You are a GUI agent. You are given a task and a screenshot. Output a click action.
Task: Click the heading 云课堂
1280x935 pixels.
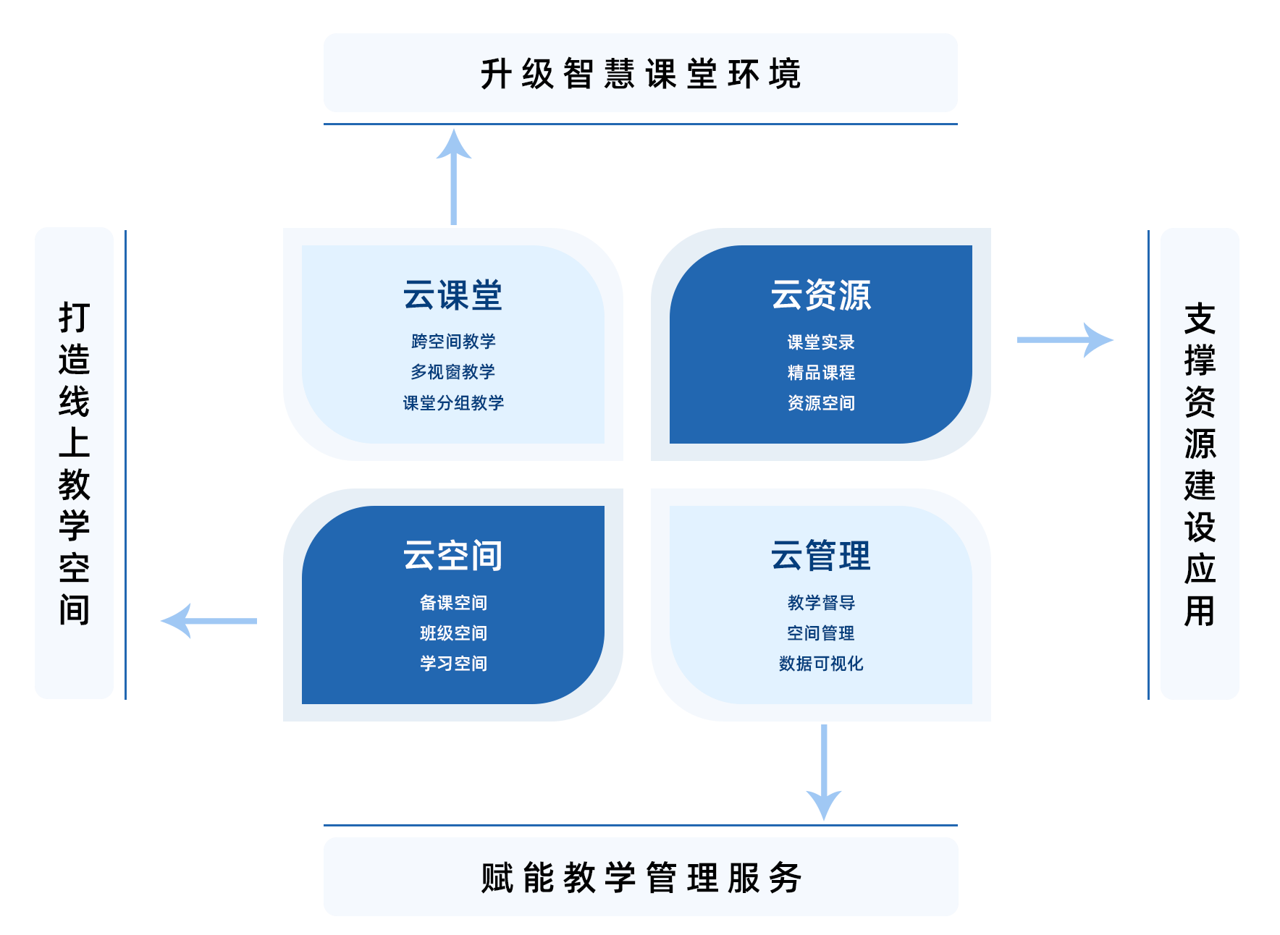[452, 295]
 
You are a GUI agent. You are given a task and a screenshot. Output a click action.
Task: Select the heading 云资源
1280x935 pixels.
[820, 295]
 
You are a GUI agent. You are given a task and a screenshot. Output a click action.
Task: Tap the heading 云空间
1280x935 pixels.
[452, 556]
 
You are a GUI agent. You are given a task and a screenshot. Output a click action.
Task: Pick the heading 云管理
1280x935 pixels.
[820, 556]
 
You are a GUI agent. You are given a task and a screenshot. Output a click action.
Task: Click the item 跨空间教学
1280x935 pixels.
[453, 341]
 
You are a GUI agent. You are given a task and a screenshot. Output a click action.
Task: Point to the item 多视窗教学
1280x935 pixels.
[453, 372]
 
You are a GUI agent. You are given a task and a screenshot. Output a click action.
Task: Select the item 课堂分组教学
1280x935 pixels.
[453, 403]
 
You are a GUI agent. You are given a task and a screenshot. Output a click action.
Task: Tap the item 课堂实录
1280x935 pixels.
[821, 342]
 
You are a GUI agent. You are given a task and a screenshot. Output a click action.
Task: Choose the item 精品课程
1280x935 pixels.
[821, 373]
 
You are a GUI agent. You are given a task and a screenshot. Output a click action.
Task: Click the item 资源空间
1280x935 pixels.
[821, 403]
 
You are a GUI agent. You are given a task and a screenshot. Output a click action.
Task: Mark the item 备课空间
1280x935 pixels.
[453, 602]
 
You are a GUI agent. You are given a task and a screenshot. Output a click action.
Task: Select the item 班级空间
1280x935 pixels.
[453, 633]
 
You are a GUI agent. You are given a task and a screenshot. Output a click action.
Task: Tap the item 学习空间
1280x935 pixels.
[453, 664]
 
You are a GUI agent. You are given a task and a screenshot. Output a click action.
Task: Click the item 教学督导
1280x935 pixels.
[821, 602]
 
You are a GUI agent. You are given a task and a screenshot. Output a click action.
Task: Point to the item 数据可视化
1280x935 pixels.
[821, 664]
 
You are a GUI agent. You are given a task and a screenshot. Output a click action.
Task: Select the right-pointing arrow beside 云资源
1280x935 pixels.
[1064, 339]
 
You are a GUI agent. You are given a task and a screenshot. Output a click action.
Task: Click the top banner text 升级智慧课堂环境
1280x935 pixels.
[640, 74]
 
